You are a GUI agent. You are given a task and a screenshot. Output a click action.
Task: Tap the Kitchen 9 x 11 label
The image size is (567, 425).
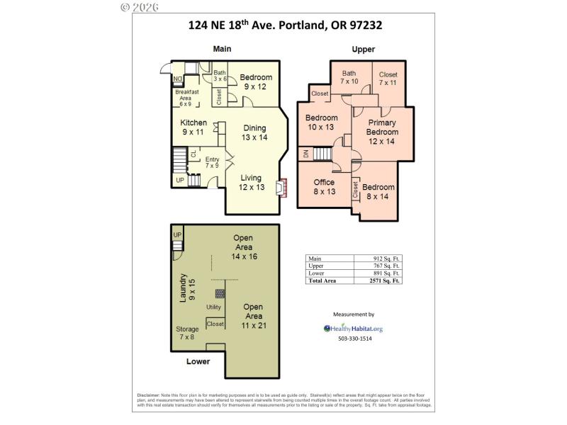click(x=193, y=127)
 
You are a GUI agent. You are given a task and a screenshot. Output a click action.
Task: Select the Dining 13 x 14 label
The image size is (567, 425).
click(x=254, y=132)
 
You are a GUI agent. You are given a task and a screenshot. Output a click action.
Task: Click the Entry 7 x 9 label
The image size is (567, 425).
click(x=212, y=162)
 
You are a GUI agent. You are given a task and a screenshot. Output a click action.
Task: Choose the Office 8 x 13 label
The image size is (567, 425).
click(x=324, y=187)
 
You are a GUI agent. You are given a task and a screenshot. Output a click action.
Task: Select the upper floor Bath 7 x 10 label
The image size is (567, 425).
click(x=349, y=77)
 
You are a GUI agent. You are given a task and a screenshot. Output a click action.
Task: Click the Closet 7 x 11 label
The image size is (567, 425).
click(x=388, y=78)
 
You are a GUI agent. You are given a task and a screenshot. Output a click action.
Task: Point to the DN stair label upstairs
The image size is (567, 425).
click(x=305, y=154)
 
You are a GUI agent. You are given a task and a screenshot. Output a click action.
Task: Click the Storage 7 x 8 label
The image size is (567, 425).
click(x=187, y=333)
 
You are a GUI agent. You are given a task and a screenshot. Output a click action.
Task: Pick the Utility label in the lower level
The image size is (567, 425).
click(x=214, y=307)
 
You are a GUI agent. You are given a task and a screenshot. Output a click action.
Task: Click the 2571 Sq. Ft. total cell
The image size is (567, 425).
click(x=386, y=280)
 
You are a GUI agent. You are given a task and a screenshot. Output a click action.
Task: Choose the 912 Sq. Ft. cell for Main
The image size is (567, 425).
click(x=387, y=259)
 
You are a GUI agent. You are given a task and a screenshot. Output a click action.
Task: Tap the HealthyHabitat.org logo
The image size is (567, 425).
click(x=353, y=329)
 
